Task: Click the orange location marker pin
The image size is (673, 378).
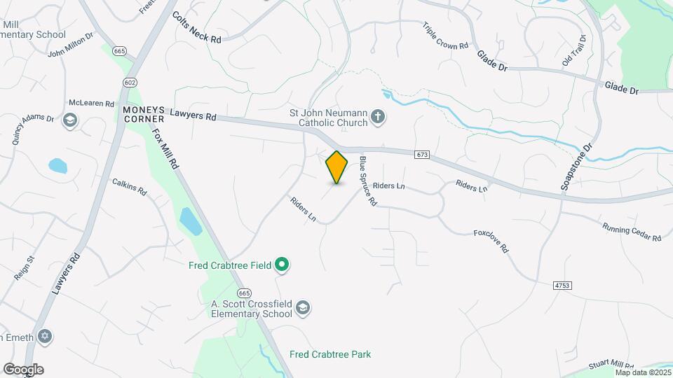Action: tap(336, 167)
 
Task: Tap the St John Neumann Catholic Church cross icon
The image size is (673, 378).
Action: tap(378, 115)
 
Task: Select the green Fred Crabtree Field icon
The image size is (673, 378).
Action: tap(282, 265)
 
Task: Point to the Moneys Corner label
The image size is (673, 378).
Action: tap(143, 115)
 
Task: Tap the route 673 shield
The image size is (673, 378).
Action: tap(421, 155)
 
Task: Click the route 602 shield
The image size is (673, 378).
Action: tap(129, 82)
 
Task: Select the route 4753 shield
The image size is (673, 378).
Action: tap(562, 286)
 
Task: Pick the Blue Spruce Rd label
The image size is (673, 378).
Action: tap(368, 181)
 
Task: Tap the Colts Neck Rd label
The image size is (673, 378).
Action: tap(196, 28)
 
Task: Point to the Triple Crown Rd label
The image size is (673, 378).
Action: tap(445, 36)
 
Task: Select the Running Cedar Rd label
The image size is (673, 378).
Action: tap(632, 232)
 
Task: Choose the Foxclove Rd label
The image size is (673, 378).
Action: tap(491, 241)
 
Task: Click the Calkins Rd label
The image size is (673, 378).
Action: tap(129, 186)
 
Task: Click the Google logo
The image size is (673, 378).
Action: tap(23, 369)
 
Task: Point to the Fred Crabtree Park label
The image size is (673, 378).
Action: tap(330, 354)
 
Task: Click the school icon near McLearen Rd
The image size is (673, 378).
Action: tap(70, 121)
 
